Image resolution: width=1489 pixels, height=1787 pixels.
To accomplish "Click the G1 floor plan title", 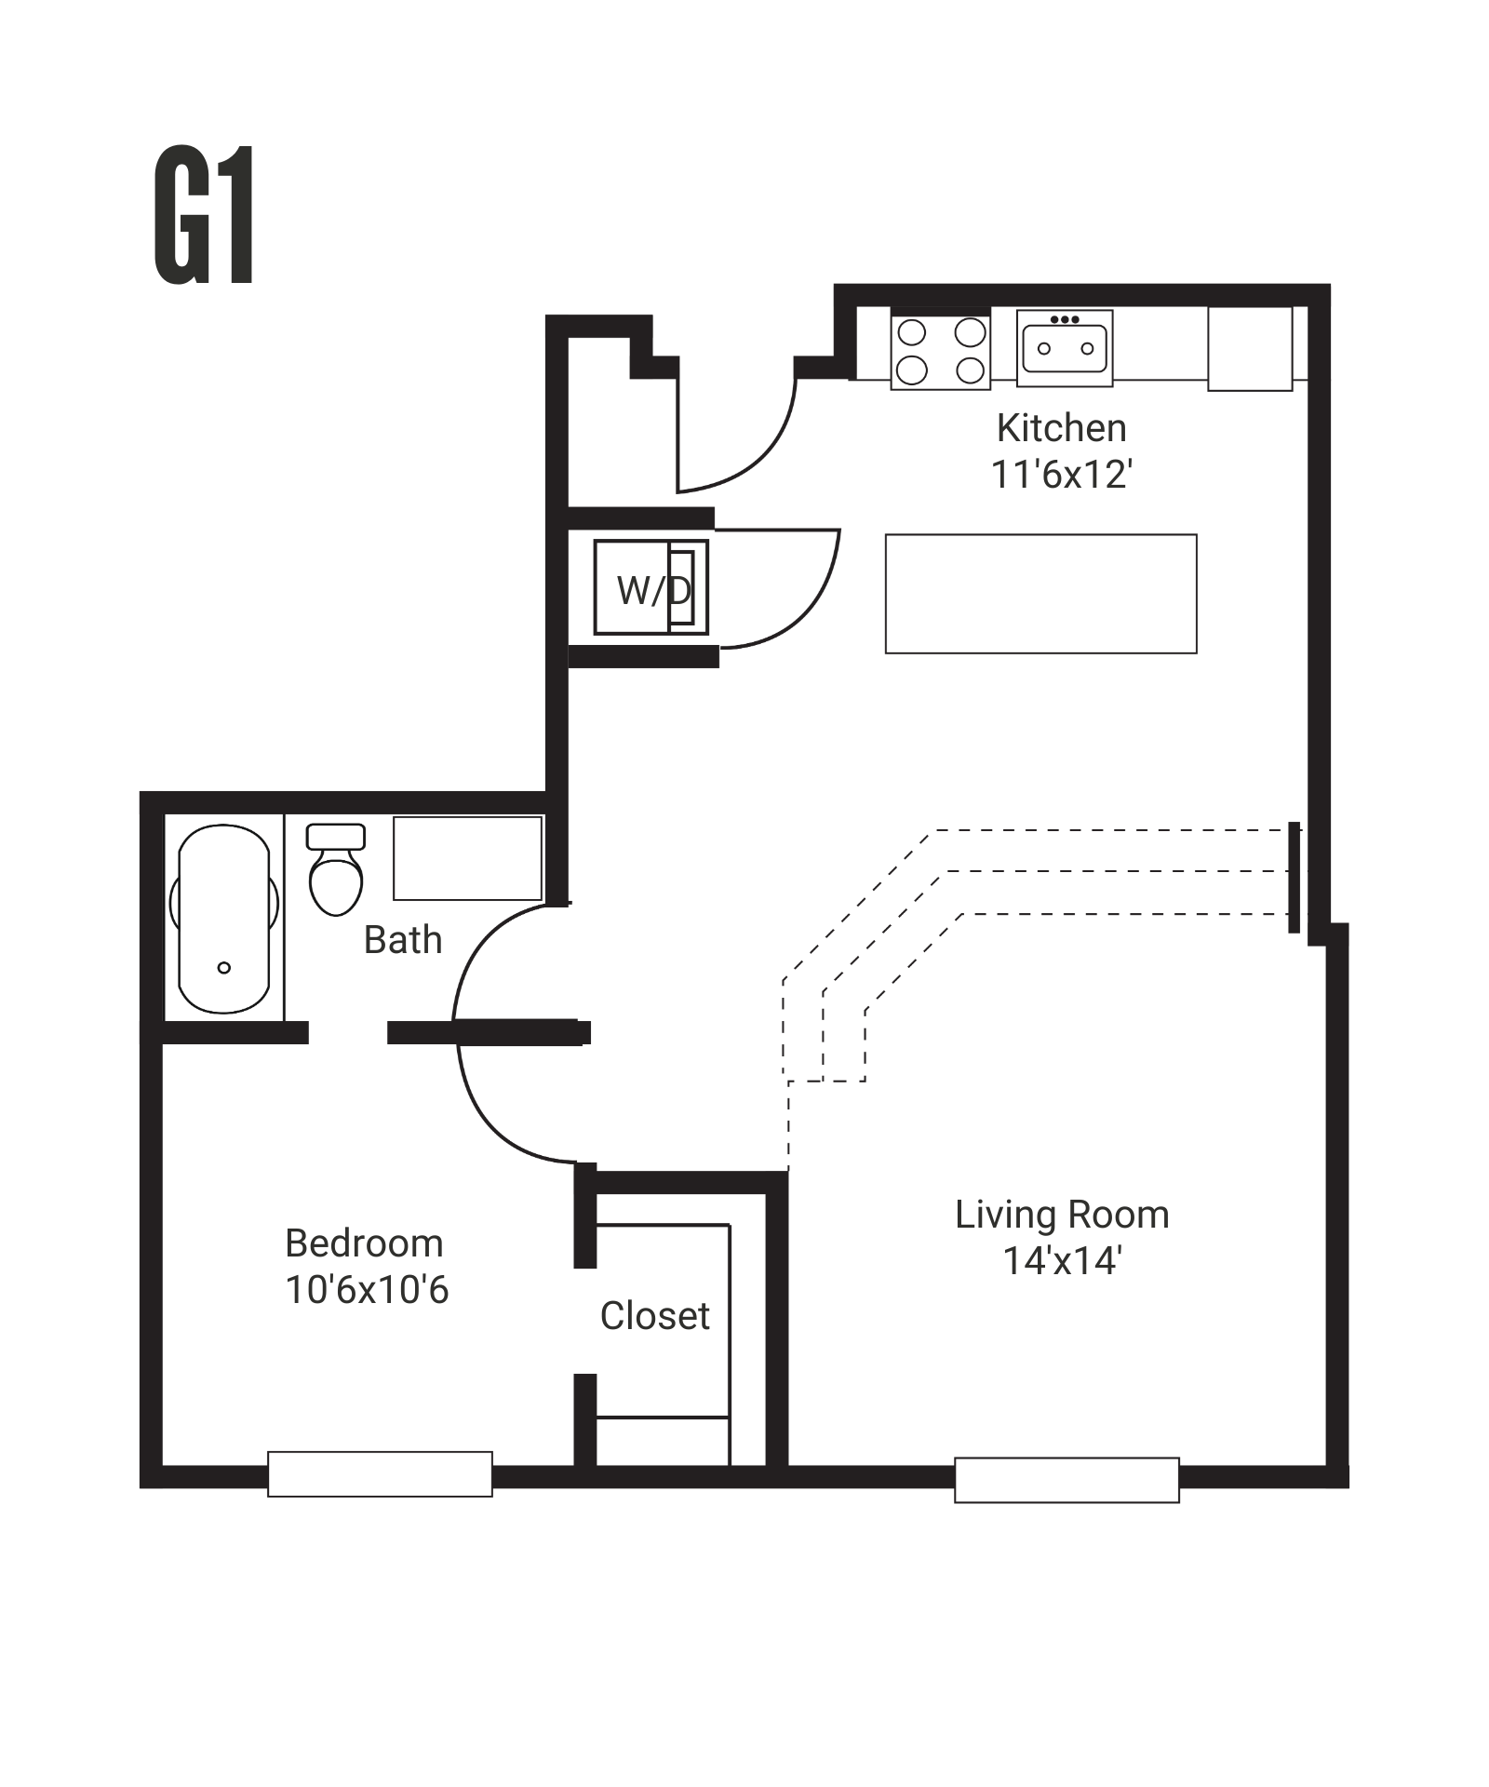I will click(x=204, y=216).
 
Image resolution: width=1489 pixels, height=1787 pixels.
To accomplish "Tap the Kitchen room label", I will click(x=1061, y=428).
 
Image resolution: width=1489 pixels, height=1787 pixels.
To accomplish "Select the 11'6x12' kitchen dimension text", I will click(x=1061, y=475).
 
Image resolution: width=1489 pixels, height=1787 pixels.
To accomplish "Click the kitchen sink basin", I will click(x=1065, y=348).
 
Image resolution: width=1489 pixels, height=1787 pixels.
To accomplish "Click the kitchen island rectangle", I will click(x=1040, y=594).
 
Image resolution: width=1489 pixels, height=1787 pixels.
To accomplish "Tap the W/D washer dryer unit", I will click(x=651, y=588).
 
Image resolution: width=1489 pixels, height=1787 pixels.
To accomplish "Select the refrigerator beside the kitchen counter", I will click(x=1250, y=348).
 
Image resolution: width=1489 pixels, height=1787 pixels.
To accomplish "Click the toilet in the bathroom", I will click(x=335, y=870).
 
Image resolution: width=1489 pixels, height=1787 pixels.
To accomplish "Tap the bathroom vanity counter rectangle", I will click(x=467, y=858).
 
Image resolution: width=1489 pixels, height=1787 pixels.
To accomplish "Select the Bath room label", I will click(x=402, y=940).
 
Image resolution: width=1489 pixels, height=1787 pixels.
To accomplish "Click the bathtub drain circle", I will click(x=223, y=968).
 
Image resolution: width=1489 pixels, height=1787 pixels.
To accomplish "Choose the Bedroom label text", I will click(x=364, y=1243).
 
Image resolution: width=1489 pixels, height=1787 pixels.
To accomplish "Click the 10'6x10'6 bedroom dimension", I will click(x=367, y=1290).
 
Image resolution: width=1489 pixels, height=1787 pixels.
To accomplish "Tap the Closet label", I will click(x=654, y=1316).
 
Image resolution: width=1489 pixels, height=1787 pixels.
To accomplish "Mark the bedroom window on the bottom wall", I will click(x=380, y=1473).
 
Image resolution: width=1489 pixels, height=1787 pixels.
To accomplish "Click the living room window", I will click(x=1066, y=1479).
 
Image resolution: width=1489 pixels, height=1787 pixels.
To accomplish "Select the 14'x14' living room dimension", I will click(x=1062, y=1261).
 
